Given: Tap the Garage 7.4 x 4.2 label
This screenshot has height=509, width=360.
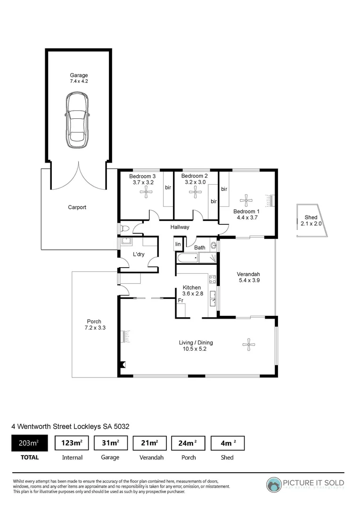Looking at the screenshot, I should [x=79, y=78].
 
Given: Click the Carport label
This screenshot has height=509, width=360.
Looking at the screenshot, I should [x=77, y=207].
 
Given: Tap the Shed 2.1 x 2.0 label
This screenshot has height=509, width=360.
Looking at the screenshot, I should [x=311, y=221].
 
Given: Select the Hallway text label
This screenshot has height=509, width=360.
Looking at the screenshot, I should [x=180, y=227].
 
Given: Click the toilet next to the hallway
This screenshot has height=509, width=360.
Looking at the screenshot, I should [x=124, y=229].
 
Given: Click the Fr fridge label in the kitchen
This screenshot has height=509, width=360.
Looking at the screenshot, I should [x=180, y=300].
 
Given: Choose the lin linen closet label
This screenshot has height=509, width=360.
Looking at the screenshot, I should [x=178, y=244].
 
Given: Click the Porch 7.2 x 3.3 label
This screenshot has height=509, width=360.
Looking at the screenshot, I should [x=94, y=325].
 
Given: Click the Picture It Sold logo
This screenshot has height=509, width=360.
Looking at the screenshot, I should [x=305, y=484].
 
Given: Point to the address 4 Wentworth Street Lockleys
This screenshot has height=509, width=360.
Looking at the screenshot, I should [x=70, y=426].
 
